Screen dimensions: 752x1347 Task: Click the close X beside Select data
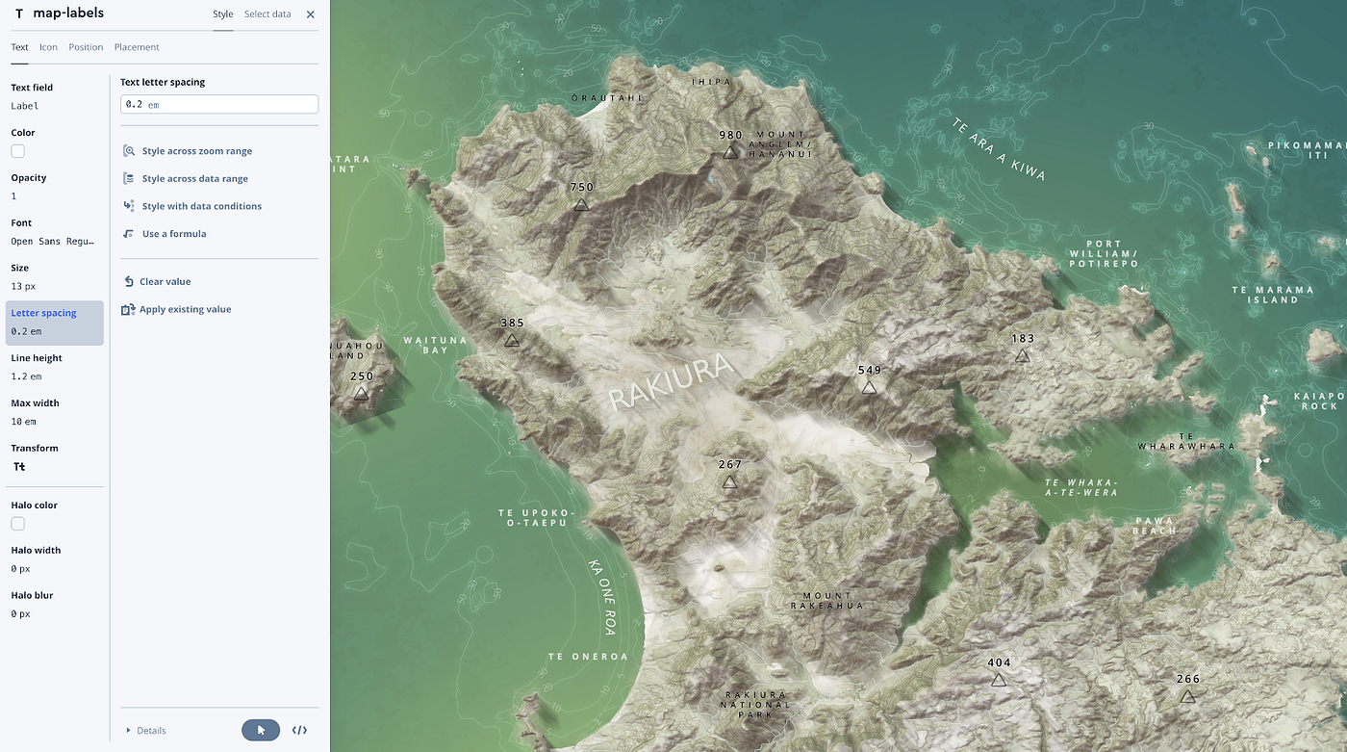point(310,14)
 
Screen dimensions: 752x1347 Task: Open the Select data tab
point(267,14)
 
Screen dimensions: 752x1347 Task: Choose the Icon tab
point(48,47)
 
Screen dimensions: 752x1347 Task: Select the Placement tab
point(137,47)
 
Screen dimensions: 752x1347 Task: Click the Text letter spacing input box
point(219,104)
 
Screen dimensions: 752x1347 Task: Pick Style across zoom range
point(196,151)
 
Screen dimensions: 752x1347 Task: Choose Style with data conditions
point(201,206)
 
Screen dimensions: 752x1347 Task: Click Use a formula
point(173,234)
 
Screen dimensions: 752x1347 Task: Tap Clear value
point(165,282)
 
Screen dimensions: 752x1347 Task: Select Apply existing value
point(185,310)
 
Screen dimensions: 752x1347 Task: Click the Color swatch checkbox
point(18,151)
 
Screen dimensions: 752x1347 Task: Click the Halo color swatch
point(18,524)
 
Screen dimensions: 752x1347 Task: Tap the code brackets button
point(299,730)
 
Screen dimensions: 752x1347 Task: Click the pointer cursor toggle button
point(261,730)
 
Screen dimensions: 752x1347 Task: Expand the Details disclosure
point(146,731)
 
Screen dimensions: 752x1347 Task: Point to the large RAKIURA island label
point(671,382)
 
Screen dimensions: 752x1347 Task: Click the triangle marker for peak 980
point(730,152)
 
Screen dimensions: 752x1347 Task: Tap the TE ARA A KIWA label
point(998,150)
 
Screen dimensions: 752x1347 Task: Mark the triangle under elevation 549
point(869,387)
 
